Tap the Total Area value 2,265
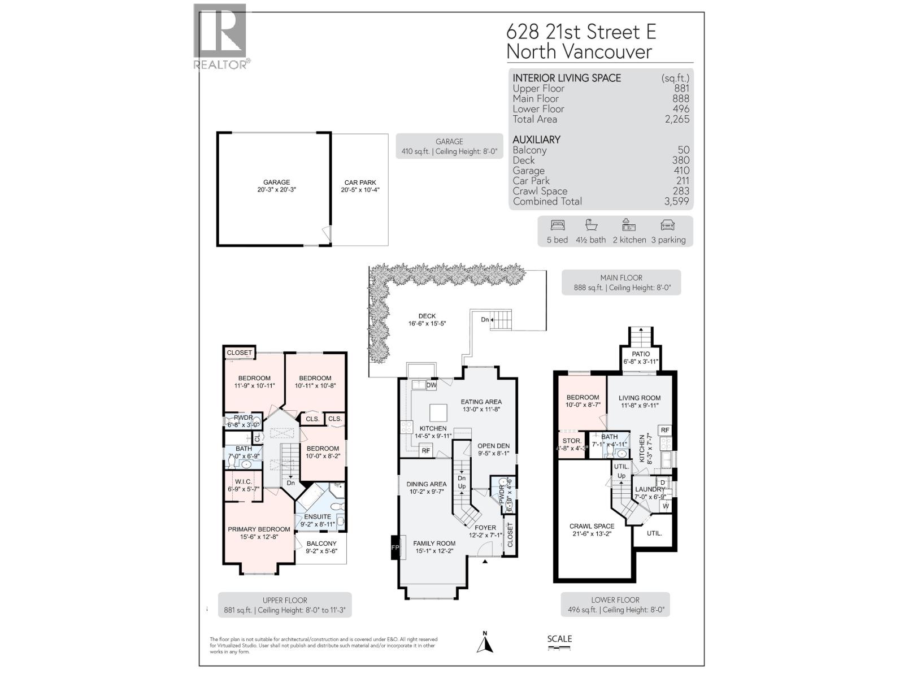tap(677, 119)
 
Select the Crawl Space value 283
tap(681, 191)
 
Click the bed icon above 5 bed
tap(557, 225)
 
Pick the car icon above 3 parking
tap(667, 225)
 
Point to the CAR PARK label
tap(360, 182)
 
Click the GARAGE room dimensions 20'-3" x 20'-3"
tap(276, 190)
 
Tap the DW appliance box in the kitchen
tap(432, 385)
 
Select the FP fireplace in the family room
tap(395, 547)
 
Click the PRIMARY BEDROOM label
tap(259, 529)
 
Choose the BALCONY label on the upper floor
tap(321, 544)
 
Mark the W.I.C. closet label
tap(244, 481)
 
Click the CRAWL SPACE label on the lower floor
tap(592, 526)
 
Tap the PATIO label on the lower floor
tap(641, 354)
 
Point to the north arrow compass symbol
tap(485, 643)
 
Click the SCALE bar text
tap(559, 639)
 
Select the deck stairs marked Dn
tap(501, 320)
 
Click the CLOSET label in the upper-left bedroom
tap(240, 353)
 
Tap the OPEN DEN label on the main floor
tap(493, 446)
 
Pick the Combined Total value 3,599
tap(677, 201)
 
